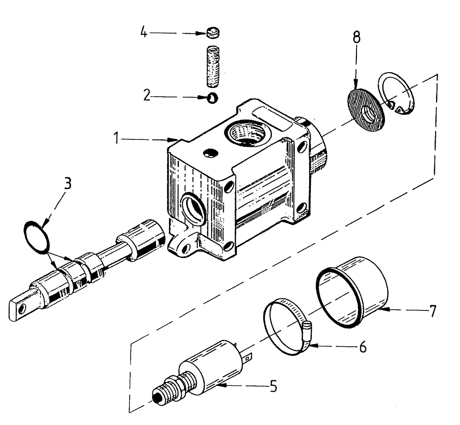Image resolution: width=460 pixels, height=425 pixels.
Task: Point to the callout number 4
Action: (x=144, y=34)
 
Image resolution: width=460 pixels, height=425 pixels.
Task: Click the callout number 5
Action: (x=273, y=387)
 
